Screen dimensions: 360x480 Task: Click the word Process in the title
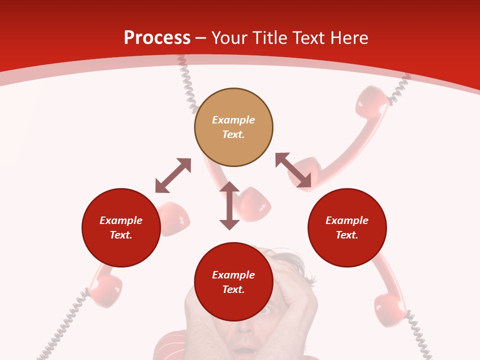click(x=157, y=38)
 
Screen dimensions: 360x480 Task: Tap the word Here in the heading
click(x=348, y=38)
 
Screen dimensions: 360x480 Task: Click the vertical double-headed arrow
click(x=229, y=205)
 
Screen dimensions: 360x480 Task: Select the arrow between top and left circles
click(x=173, y=175)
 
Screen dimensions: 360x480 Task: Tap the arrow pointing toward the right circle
click(x=293, y=170)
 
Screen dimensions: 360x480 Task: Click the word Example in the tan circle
click(x=233, y=120)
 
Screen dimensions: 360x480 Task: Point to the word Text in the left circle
click(x=120, y=235)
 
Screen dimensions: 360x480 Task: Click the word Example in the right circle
click(x=347, y=220)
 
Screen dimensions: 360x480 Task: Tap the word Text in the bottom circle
click(x=233, y=289)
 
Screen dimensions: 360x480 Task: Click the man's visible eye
click(x=267, y=310)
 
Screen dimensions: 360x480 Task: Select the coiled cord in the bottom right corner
click(x=418, y=332)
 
